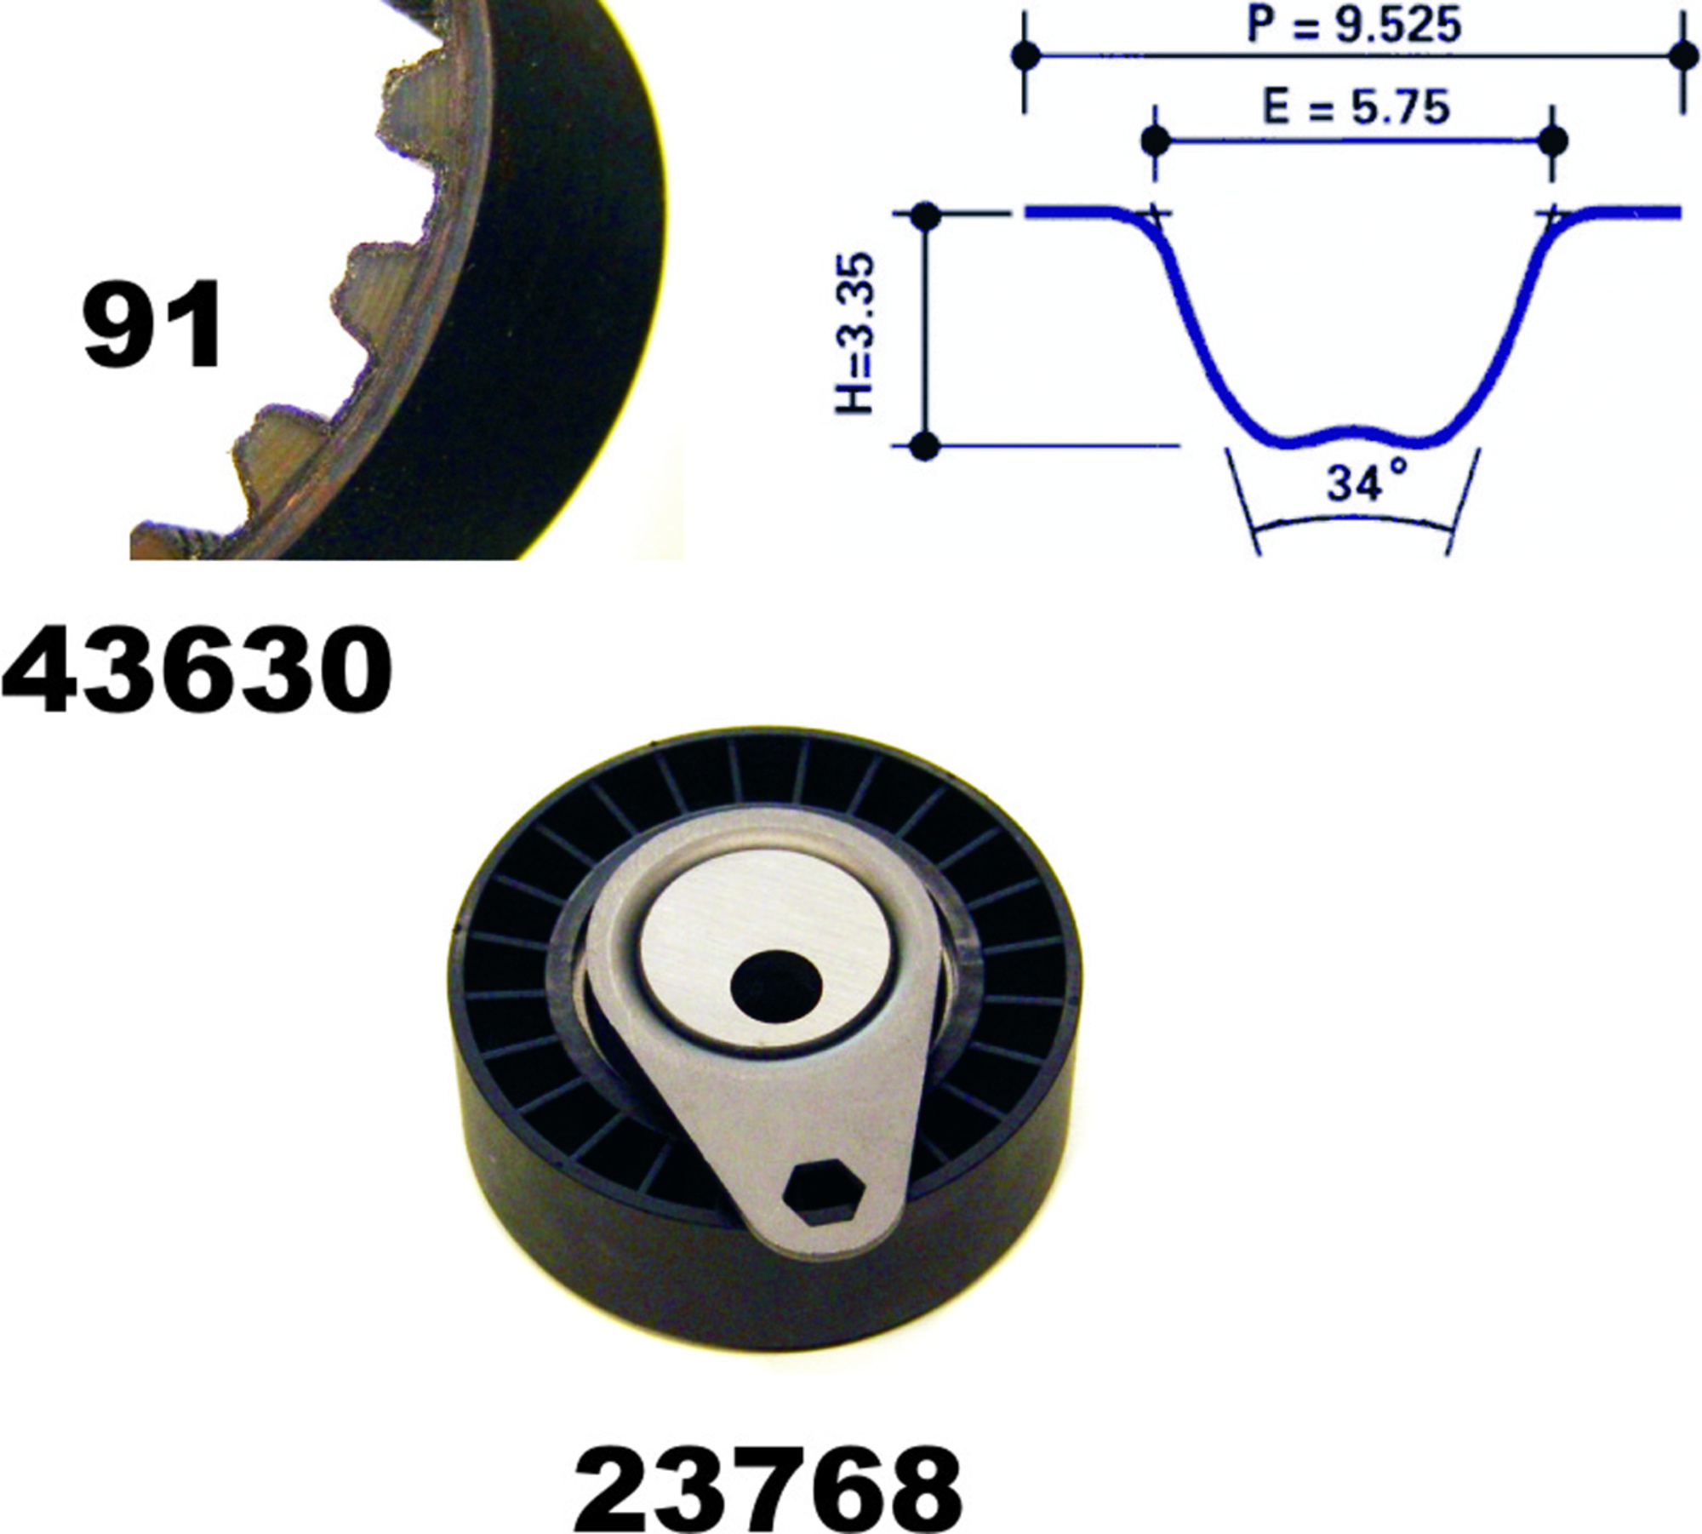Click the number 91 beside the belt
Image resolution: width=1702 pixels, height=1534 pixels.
coord(153,326)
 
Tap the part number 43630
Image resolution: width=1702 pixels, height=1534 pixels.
coord(197,668)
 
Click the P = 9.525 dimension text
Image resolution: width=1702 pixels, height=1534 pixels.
coord(1353,25)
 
